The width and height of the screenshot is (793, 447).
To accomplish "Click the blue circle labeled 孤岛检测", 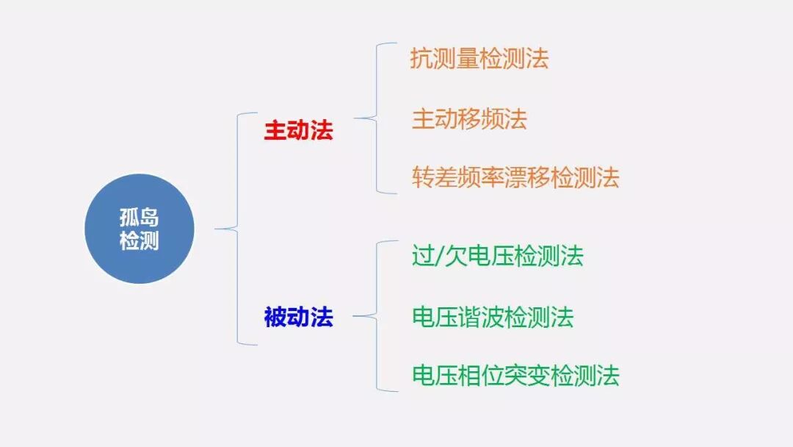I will pyautogui.click(x=140, y=229).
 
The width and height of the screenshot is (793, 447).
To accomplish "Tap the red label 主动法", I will pyautogui.click(x=298, y=131).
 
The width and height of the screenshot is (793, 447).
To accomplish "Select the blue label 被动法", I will pyautogui.click(x=298, y=318).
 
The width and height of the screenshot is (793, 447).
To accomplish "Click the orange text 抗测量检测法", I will pyautogui.click(x=479, y=59).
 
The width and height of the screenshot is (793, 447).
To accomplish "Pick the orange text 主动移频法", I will pyautogui.click(x=469, y=119).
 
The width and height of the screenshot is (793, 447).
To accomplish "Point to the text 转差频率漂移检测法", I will pyautogui.click(x=515, y=177).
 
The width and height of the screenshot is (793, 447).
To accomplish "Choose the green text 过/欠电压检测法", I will pyautogui.click(x=497, y=257).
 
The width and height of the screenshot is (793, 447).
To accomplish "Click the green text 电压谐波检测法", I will pyautogui.click(x=492, y=317).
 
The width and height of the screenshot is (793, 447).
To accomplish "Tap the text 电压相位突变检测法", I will pyautogui.click(x=515, y=376).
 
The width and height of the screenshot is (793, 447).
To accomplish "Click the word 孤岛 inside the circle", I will pyautogui.click(x=140, y=218).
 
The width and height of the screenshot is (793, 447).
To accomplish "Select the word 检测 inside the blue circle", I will pyautogui.click(x=140, y=240).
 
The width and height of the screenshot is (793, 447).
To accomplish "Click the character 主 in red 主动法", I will pyautogui.click(x=275, y=131).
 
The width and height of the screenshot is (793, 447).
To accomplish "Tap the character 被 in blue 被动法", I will pyautogui.click(x=275, y=318).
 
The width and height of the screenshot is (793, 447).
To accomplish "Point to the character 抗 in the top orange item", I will pyautogui.click(x=421, y=59).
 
